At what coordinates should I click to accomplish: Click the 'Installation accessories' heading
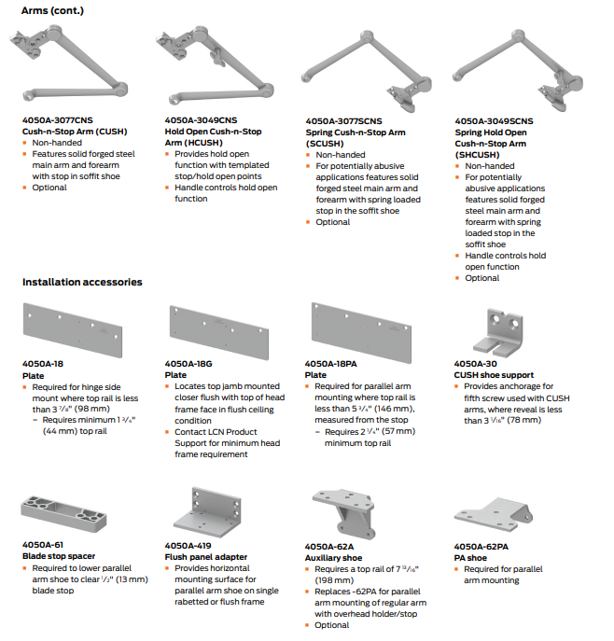coord(82,282)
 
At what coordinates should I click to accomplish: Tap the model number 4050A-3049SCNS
coord(494,121)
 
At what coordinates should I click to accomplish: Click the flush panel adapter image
coord(205,509)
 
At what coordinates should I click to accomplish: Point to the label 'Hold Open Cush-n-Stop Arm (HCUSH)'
coord(213,137)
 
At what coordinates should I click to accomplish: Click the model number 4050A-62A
coord(329,546)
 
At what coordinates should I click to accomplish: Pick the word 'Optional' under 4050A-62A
coord(333,625)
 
